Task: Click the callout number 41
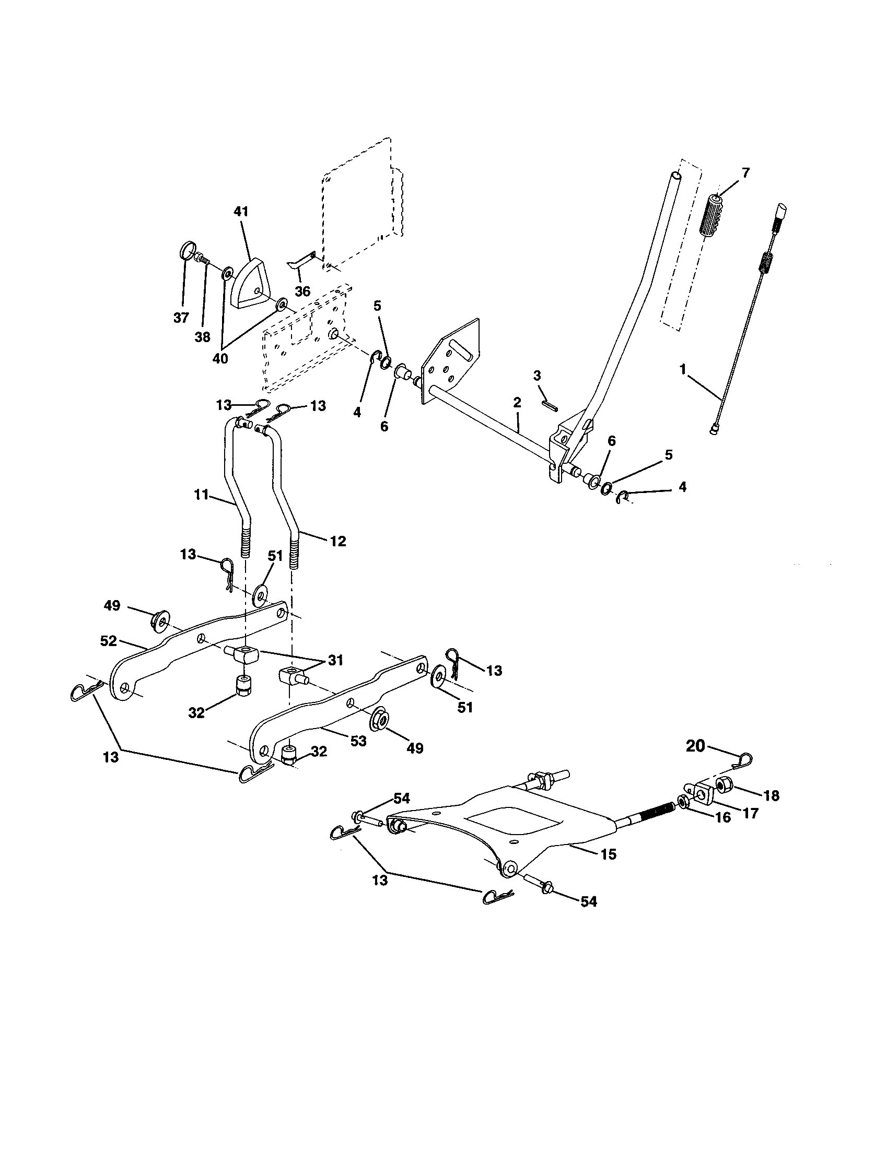click(241, 212)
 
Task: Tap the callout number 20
click(695, 746)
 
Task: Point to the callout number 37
click(181, 318)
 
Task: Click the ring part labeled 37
click(187, 249)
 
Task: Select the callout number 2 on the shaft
click(517, 403)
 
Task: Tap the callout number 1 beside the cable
click(683, 370)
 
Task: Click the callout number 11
click(202, 495)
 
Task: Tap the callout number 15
click(608, 854)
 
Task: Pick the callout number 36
click(302, 291)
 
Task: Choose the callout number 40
click(220, 358)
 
